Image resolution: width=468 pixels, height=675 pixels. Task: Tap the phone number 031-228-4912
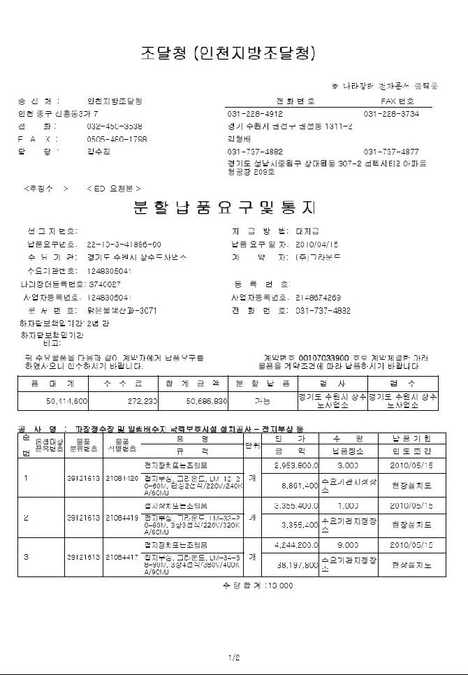coord(255,114)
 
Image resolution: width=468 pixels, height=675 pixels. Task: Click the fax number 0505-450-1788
coord(117,139)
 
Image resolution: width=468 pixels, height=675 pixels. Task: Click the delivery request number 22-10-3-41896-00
coord(124,245)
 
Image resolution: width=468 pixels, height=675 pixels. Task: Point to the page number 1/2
coord(233,658)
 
